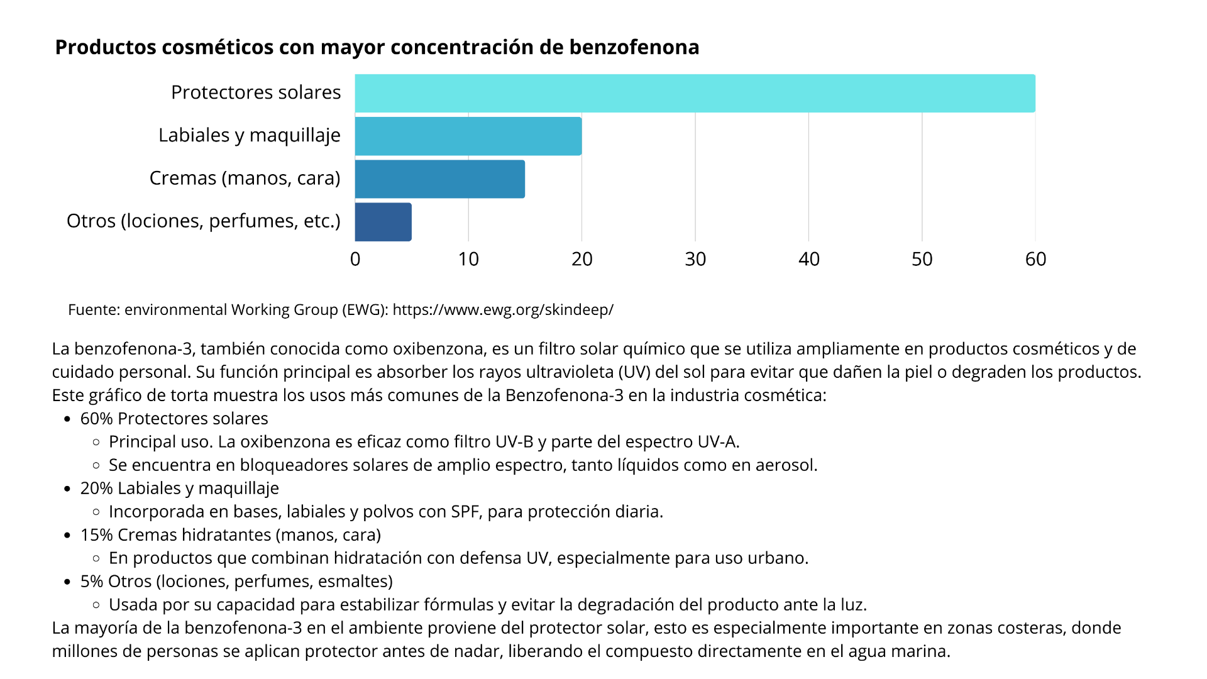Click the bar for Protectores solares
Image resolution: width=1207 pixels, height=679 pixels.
(695, 94)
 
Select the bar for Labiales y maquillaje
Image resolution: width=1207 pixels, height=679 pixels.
(468, 136)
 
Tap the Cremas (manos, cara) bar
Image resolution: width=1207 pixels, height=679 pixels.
(440, 179)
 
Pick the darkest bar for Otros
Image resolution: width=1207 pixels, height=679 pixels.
(383, 222)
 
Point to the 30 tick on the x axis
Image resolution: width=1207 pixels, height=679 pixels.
(695, 259)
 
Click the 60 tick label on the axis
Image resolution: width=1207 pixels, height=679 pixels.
(1035, 259)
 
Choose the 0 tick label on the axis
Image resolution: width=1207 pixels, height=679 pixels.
(355, 259)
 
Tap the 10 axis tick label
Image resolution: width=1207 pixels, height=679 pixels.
(468, 259)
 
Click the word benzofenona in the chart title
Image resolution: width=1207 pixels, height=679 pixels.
(634, 47)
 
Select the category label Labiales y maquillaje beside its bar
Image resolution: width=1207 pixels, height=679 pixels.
(250, 135)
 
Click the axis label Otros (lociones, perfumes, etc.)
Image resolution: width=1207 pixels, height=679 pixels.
(204, 221)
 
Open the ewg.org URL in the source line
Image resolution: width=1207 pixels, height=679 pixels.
(503, 309)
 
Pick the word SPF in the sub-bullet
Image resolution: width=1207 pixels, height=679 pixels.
(466, 512)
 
